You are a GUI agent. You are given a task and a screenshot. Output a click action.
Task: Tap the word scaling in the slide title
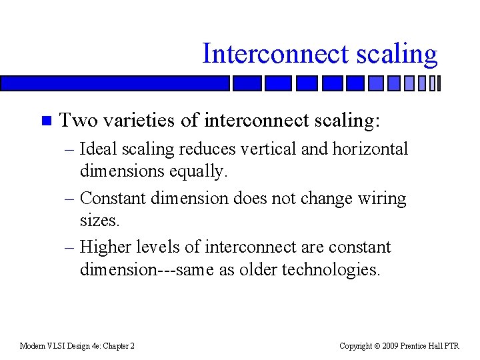[399, 54]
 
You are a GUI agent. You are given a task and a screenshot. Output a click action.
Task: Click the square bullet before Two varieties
[45, 121]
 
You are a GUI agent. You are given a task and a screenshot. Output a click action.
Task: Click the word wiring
[381, 199]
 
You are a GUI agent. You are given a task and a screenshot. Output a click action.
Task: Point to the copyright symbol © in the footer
[378, 346]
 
